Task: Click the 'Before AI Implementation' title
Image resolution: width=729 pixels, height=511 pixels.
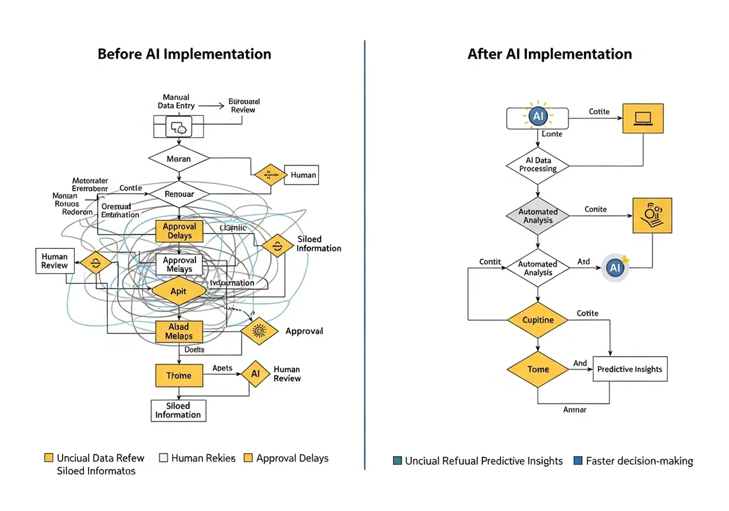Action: click(184, 54)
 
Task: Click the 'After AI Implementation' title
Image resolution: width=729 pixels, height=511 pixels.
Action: click(549, 54)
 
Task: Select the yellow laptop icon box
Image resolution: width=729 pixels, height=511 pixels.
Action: click(643, 119)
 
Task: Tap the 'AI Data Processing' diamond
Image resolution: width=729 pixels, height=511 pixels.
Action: click(538, 165)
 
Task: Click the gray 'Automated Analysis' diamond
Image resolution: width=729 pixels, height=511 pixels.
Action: click(538, 216)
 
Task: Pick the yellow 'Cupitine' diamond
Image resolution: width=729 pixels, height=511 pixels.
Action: click(538, 319)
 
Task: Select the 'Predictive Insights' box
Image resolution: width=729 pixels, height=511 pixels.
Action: click(629, 369)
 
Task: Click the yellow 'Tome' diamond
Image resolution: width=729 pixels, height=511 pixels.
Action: click(538, 369)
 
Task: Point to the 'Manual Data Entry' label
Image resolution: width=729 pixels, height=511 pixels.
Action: click(176, 101)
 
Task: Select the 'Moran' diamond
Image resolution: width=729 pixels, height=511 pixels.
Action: click(179, 159)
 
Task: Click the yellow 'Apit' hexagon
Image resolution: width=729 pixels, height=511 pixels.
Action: click(179, 291)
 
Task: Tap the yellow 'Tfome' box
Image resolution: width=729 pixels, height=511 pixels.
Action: click(179, 375)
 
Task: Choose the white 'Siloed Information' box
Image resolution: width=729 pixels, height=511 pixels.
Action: click(178, 411)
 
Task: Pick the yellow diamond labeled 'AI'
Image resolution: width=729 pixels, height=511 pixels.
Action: click(255, 374)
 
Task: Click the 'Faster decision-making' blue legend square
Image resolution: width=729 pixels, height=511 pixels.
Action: click(578, 461)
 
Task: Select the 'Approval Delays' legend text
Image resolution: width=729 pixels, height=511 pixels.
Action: click(292, 458)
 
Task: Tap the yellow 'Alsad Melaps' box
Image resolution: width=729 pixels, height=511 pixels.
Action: click(179, 332)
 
